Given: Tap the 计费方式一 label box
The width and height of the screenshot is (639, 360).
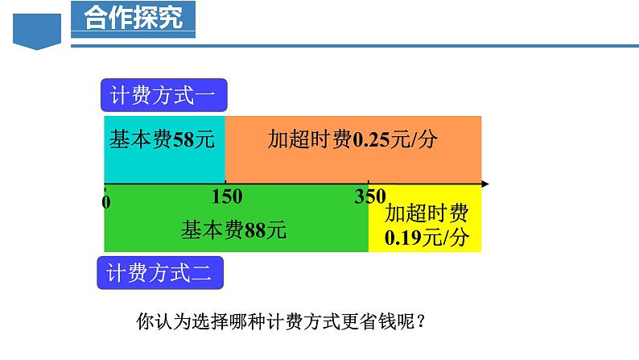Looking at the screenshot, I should tap(163, 97).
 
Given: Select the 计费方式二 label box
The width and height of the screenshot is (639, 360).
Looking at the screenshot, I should tap(160, 274).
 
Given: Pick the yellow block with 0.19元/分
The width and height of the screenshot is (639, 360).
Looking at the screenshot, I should tap(425, 226).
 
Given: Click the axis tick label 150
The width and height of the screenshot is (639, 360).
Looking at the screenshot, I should tap(226, 197).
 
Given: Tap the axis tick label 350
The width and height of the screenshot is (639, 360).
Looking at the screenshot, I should tap(369, 196).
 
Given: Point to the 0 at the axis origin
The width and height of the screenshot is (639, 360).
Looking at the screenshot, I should tap(107, 201).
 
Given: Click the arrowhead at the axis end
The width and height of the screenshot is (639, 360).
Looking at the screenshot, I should tap(484, 184).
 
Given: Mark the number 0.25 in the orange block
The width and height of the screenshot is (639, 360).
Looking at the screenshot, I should tap(371, 140).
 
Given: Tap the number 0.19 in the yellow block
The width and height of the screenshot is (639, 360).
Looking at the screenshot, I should tap(402, 238).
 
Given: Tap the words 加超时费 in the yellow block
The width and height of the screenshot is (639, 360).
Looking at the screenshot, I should tap(426, 213).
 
